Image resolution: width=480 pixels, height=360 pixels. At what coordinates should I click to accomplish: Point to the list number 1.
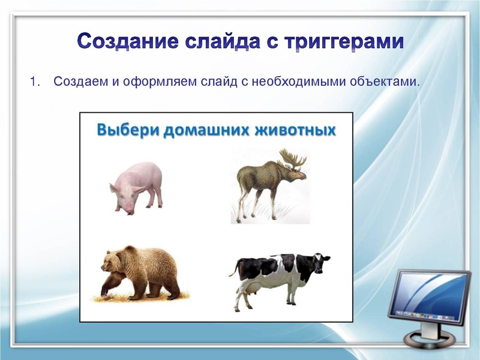[34, 81]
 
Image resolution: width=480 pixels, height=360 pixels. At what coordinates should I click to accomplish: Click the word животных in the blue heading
[295, 130]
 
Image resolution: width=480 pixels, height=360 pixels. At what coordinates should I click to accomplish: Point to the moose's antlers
[293, 158]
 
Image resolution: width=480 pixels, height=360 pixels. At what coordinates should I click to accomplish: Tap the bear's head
[110, 263]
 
